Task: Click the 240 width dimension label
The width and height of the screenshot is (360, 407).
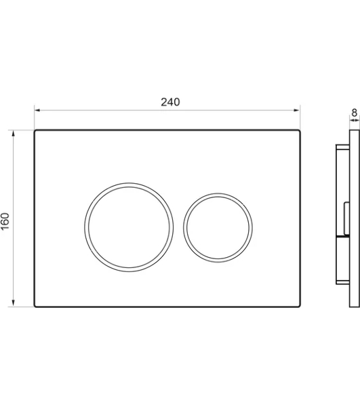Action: point(170,102)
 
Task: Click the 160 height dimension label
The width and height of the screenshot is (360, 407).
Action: point(5,221)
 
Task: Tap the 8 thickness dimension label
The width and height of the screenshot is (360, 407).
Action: point(355,113)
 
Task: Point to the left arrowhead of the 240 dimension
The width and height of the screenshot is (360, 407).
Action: point(37,110)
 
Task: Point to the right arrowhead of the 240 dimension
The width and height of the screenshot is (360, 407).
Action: point(297,110)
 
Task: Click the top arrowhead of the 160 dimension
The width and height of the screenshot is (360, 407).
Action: point(14,133)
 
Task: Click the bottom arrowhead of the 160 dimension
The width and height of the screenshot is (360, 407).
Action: point(14,303)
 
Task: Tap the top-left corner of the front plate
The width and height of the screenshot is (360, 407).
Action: point(35,130)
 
